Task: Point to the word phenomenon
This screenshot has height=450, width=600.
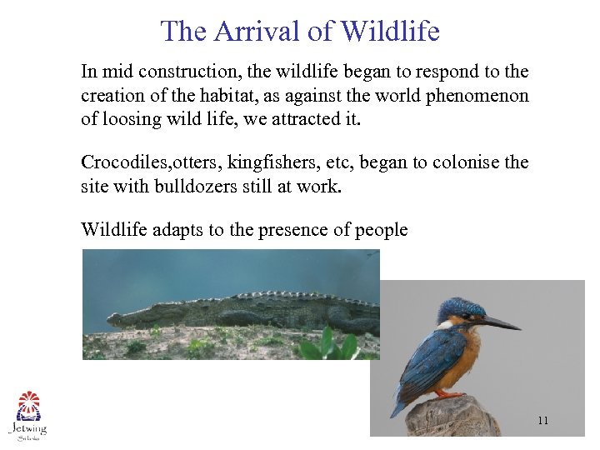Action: pos(477,95)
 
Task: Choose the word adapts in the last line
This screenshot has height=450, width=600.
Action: pos(178,229)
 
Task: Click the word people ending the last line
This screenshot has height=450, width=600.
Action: pos(381,229)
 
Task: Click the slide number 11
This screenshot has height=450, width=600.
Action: pos(542,421)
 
